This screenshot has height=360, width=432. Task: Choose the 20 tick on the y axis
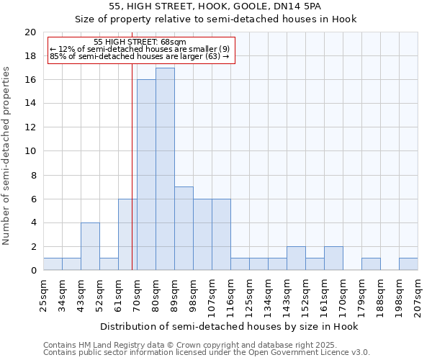(x=30, y=32)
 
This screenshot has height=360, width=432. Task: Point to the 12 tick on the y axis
(x=30, y=127)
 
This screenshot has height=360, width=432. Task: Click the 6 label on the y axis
(x=33, y=199)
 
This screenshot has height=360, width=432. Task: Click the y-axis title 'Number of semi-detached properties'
(x=6, y=156)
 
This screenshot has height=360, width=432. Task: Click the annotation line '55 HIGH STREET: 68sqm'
(x=140, y=42)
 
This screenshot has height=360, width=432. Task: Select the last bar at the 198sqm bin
(x=408, y=264)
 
